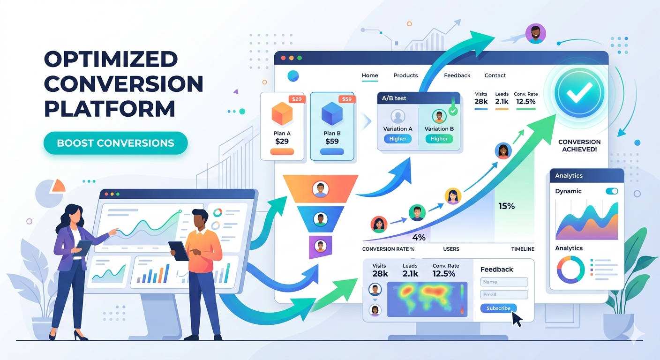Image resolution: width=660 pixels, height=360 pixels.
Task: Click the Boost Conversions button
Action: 115,143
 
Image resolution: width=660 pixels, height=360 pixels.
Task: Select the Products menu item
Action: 405,75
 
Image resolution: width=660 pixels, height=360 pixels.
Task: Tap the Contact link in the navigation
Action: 495,75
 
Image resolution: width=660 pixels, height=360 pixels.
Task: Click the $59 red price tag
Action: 346,99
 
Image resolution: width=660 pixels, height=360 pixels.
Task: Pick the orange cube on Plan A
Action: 282,114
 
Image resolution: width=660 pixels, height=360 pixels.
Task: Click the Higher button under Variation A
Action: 397,139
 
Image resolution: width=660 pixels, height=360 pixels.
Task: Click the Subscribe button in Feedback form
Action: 498,308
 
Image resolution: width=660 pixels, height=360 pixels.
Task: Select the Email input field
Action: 504,295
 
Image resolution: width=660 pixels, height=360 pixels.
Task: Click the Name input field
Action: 504,282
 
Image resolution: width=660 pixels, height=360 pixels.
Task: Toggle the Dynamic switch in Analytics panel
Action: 612,191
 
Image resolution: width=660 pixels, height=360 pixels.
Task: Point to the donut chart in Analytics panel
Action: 570,270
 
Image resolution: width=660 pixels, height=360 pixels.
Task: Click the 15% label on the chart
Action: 506,206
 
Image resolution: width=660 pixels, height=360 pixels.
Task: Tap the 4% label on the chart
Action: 419,237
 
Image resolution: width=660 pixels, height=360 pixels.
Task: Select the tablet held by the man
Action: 179,251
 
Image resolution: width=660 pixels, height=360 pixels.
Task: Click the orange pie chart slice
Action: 59,186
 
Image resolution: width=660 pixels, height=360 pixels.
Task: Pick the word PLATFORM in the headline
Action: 110,108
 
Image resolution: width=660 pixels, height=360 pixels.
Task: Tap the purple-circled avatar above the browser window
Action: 535,34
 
